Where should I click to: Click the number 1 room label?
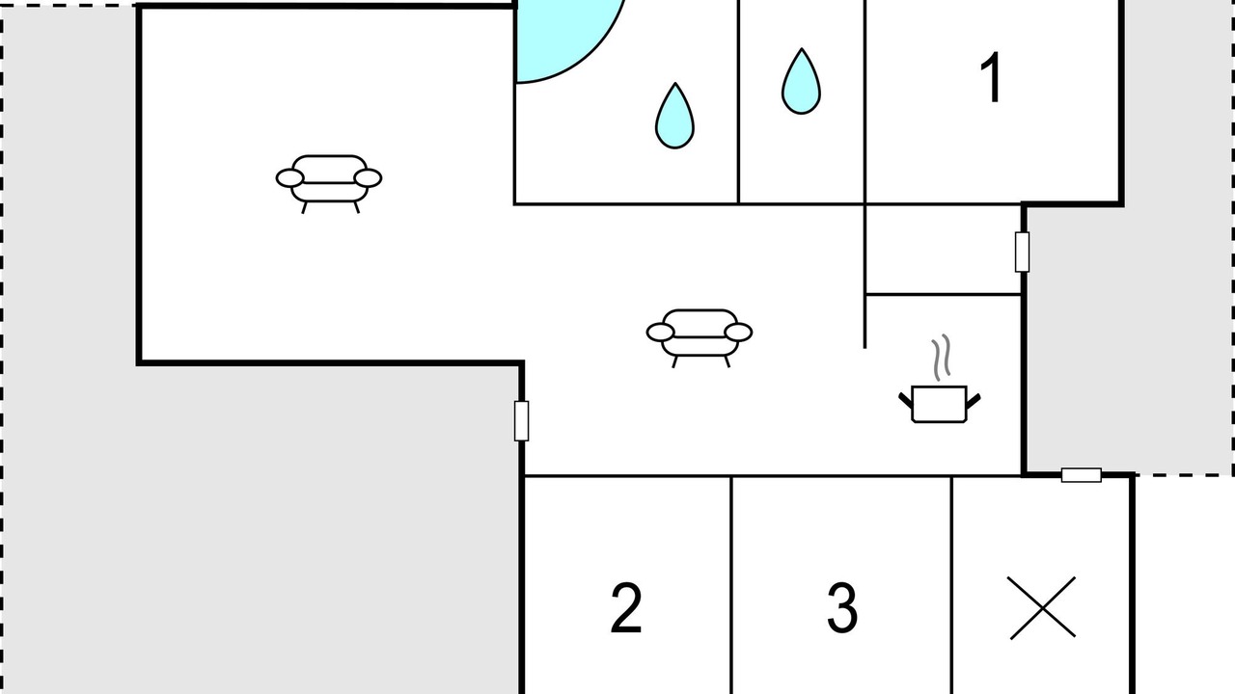click(x=991, y=77)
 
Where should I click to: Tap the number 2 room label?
click(x=626, y=608)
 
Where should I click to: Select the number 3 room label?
click(x=842, y=608)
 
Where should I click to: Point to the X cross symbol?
click(x=1043, y=608)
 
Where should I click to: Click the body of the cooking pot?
click(x=940, y=404)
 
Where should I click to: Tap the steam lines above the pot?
click(x=942, y=358)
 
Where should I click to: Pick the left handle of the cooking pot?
click(x=905, y=400)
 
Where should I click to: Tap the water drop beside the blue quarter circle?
click(x=674, y=116)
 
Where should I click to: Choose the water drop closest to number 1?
click(x=801, y=82)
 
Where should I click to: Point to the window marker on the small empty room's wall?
click(x=1022, y=253)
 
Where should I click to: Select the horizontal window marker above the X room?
click(x=1082, y=475)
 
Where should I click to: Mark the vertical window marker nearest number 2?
click(x=522, y=421)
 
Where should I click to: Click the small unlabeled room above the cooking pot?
click(x=944, y=250)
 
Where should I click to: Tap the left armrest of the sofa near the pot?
click(x=661, y=333)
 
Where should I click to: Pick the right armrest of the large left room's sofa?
click(x=368, y=178)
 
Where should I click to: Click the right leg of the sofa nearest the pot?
click(x=727, y=361)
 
